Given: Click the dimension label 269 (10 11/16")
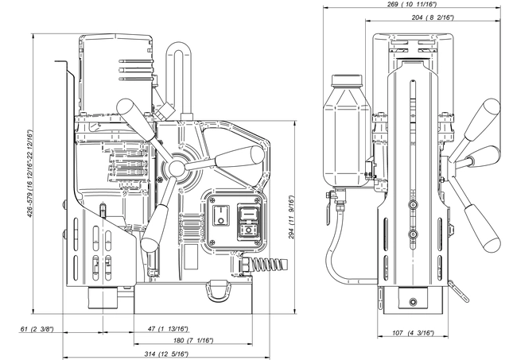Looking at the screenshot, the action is (x=412, y=4).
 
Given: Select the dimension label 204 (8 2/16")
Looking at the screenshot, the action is (x=433, y=17).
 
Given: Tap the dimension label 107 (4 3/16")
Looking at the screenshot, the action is (x=413, y=333).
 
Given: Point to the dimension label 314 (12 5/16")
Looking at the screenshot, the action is (x=166, y=354).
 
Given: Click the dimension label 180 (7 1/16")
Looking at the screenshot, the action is (x=192, y=341).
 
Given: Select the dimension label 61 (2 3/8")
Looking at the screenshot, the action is (x=37, y=330).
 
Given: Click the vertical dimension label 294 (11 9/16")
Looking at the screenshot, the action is (x=291, y=217).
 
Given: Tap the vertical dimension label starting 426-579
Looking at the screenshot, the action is (x=30, y=174).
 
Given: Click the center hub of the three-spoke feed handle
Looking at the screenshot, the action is (x=177, y=168).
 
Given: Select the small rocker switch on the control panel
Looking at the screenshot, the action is (x=221, y=215).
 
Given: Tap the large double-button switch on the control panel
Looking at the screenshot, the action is (x=249, y=223).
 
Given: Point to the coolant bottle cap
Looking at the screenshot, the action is (x=347, y=81).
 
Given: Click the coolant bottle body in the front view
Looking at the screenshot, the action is (x=347, y=137).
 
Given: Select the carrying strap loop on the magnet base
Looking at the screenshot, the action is (x=219, y=291).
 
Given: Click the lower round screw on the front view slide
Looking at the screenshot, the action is (x=413, y=234).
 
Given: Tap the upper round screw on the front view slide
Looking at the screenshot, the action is (x=413, y=205).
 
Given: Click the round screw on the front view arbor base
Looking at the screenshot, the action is (x=413, y=302).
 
